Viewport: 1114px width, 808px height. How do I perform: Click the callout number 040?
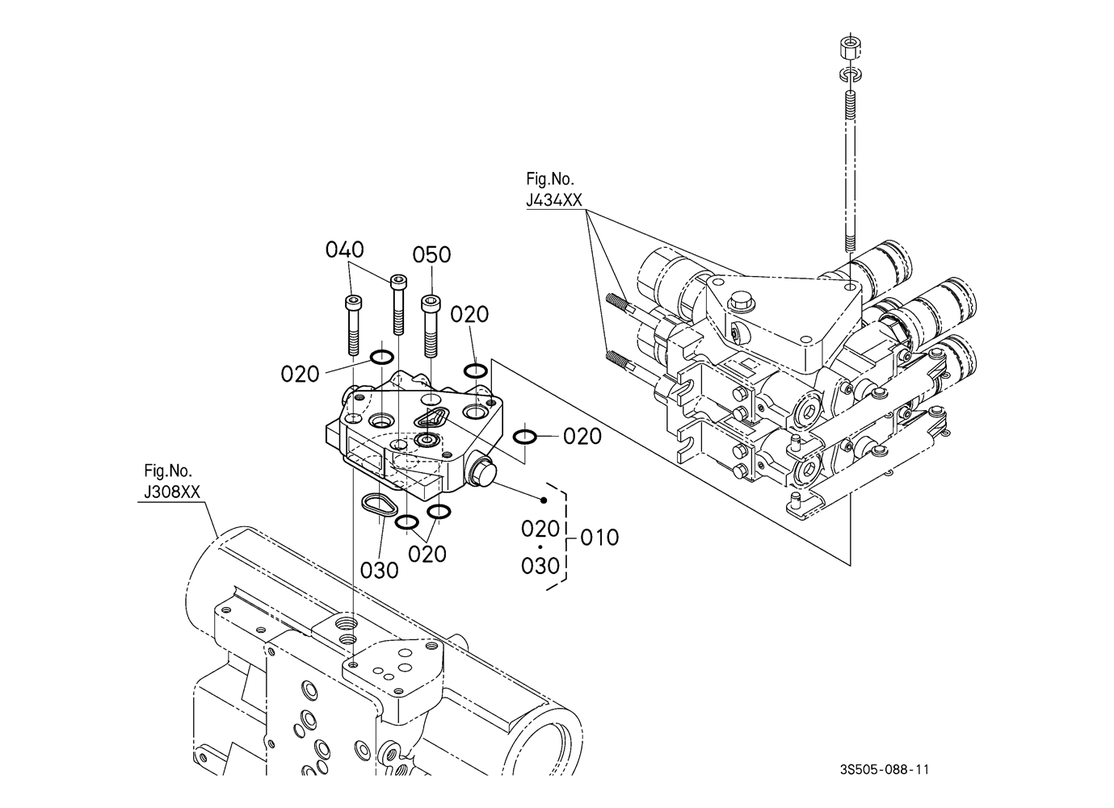345,249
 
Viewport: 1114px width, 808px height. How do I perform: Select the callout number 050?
431,254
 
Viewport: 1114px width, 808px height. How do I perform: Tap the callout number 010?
599,537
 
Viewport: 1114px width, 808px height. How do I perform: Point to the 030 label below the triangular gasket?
380,571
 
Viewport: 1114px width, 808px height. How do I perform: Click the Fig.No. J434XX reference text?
554,190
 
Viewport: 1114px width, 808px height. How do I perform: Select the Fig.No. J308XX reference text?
171,481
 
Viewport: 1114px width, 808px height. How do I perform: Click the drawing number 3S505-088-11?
885,770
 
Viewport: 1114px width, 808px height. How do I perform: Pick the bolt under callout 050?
431,326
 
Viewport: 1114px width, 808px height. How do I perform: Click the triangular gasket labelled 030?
379,506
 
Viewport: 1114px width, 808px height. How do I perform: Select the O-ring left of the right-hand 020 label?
524,437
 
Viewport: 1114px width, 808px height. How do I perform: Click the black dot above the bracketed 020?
544,500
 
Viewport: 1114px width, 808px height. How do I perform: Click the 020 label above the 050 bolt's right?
469,315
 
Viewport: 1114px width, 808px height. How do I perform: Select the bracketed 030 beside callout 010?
540,566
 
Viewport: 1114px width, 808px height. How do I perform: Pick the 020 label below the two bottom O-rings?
427,554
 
